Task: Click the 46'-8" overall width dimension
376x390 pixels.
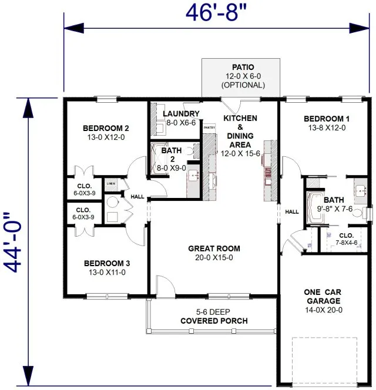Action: (x=216, y=12)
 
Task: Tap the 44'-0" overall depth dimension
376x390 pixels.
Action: (x=16, y=243)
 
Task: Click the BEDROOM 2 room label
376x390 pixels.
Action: (x=106, y=128)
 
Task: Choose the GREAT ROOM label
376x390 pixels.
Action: (x=214, y=248)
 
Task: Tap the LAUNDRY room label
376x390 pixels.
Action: (x=181, y=113)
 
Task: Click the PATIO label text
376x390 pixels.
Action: (x=243, y=68)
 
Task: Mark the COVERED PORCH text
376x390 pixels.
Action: (x=214, y=321)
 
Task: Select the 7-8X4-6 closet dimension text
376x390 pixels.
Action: (x=345, y=242)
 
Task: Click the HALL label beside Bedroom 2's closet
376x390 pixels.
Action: (x=137, y=197)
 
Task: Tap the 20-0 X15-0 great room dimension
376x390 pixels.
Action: (x=214, y=257)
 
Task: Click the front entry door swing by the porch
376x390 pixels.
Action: (x=166, y=286)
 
